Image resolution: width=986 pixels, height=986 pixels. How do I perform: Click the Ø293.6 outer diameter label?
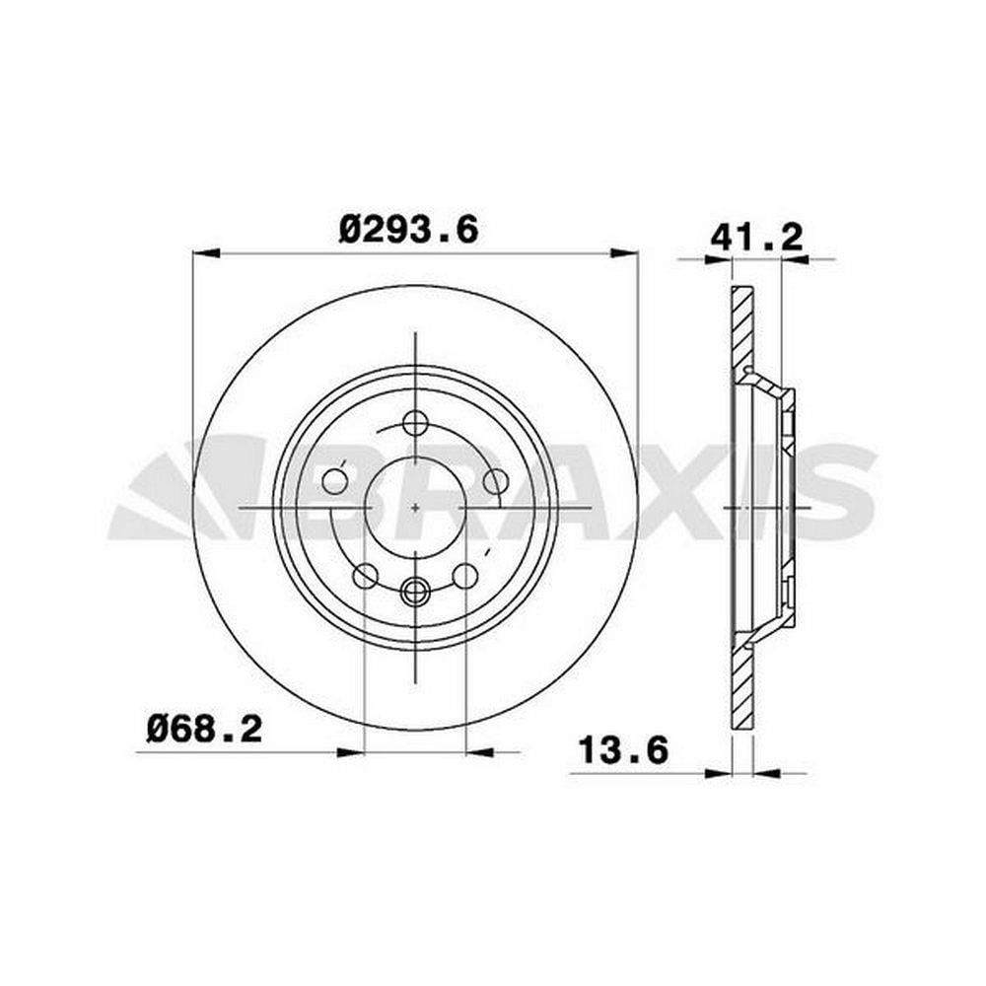[409, 230]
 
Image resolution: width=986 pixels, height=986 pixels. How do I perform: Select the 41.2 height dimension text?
[757, 238]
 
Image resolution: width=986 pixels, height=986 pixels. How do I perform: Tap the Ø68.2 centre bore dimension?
[204, 730]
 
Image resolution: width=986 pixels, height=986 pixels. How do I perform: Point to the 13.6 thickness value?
[622, 750]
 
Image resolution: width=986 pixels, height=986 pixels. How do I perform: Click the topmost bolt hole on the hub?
[415, 423]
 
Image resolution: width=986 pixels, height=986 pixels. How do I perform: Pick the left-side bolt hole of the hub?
[334, 482]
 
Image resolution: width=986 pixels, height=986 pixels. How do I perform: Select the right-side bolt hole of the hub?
[496, 482]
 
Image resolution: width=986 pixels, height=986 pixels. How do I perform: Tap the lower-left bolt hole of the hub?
[366, 576]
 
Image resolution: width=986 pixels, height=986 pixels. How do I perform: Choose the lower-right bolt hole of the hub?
[465, 576]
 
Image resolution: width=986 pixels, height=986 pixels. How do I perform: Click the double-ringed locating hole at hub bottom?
[415, 591]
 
